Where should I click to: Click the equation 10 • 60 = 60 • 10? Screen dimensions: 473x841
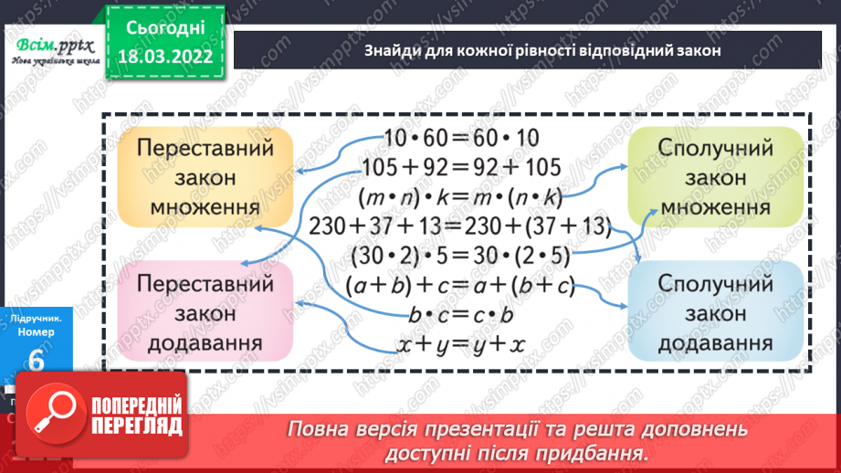(x=462, y=138)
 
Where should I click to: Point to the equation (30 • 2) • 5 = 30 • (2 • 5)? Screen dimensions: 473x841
(x=461, y=256)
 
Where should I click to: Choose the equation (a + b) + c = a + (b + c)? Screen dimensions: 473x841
(x=461, y=286)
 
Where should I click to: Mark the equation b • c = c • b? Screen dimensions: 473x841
(x=461, y=315)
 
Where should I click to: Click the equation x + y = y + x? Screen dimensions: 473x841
(x=461, y=345)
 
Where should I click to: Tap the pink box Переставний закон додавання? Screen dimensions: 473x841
(x=205, y=311)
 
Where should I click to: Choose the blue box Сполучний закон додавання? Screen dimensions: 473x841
(x=715, y=311)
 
